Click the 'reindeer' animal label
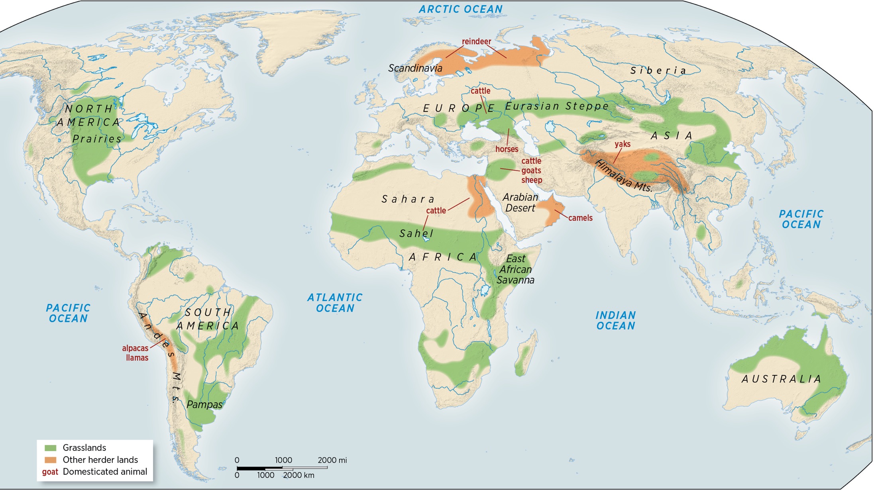(x=476, y=41)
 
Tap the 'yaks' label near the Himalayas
(x=622, y=144)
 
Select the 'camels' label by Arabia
(x=580, y=218)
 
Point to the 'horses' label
(x=507, y=149)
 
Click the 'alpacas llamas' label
(x=136, y=353)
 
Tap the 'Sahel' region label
(x=416, y=233)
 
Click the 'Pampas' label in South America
(x=204, y=405)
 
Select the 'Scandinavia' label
(x=415, y=68)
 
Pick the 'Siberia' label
(x=658, y=71)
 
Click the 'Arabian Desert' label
(x=520, y=202)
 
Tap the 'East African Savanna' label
(x=515, y=269)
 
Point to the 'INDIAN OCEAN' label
(x=615, y=321)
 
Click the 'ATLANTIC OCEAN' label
(x=335, y=303)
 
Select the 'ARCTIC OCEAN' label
(x=460, y=9)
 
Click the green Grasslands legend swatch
(x=51, y=448)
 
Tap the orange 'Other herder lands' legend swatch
(x=51, y=460)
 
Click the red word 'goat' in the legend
(x=50, y=472)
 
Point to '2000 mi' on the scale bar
(x=332, y=460)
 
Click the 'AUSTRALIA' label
(x=781, y=379)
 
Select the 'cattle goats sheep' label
(x=531, y=171)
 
